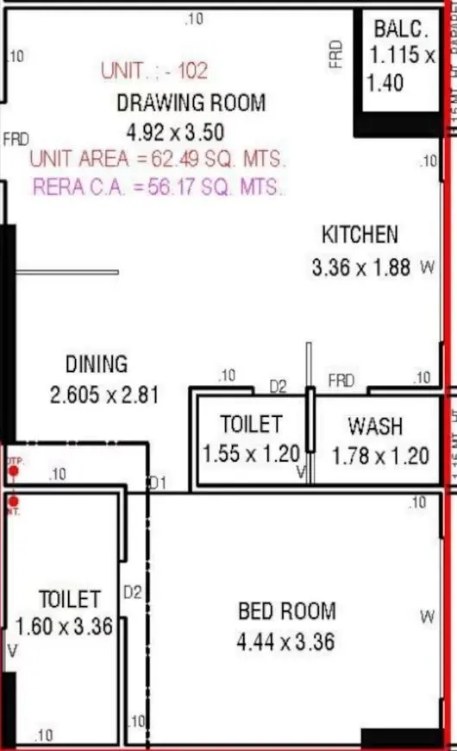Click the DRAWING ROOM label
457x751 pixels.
click(x=191, y=104)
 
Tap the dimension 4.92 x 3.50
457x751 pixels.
click(x=175, y=132)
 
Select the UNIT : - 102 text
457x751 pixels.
click(x=154, y=71)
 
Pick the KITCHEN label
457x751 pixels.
click(x=360, y=234)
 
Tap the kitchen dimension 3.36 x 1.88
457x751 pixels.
click(x=360, y=268)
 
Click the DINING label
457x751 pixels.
click(x=96, y=364)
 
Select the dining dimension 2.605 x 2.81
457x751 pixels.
click(x=105, y=395)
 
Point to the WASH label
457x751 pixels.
click(x=374, y=426)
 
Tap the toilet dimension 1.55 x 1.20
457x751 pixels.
click(x=251, y=453)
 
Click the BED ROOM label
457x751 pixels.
click(x=286, y=611)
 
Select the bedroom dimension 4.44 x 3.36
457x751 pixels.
click(x=285, y=641)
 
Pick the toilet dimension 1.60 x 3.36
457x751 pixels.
click(x=65, y=627)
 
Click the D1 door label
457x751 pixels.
click(x=157, y=483)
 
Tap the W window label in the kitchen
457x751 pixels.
click(x=426, y=268)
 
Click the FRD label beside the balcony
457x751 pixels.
click(x=336, y=54)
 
